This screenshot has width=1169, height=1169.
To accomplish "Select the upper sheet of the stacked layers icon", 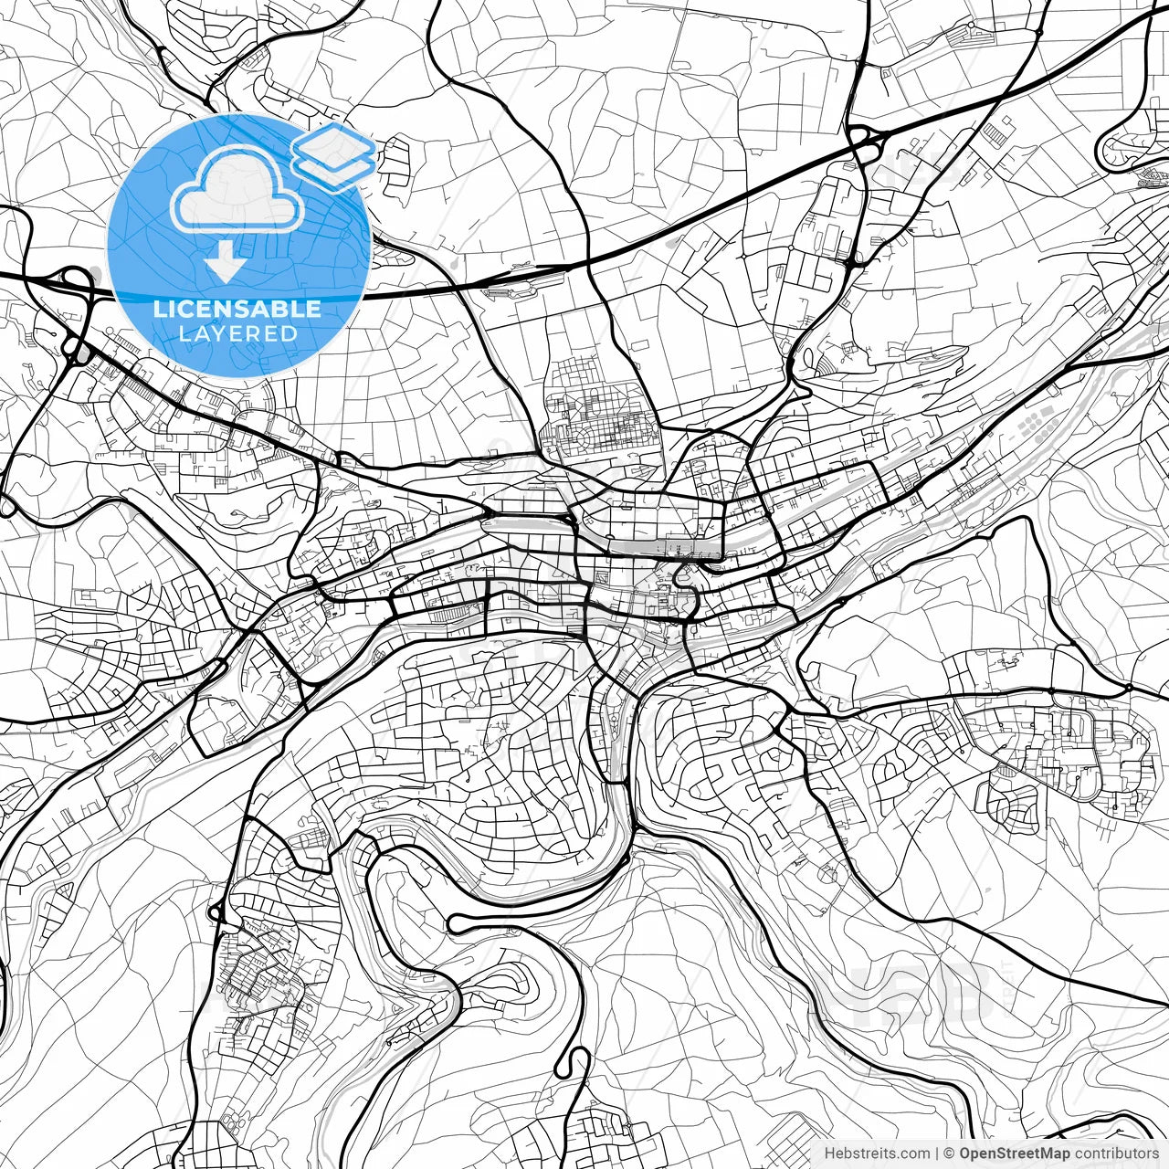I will [x=334, y=145].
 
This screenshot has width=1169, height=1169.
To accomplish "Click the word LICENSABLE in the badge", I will [x=237, y=309].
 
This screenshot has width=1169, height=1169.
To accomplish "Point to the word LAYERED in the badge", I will [x=237, y=333].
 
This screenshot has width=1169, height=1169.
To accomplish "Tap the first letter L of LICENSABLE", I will [x=159, y=309].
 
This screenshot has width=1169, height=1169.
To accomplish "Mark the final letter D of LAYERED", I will [x=290, y=333].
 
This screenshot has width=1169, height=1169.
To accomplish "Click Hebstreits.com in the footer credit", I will [x=876, y=1153].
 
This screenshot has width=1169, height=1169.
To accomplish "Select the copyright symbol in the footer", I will [x=950, y=1153].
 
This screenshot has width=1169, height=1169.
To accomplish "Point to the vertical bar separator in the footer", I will [x=937, y=1153].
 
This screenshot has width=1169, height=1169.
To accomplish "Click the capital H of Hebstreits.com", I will [x=828, y=1153].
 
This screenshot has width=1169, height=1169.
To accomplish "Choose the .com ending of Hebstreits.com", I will [x=914, y=1153].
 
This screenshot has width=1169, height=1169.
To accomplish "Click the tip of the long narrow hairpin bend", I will [x=452, y=923].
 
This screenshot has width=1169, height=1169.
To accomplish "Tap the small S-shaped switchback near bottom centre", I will [x=575, y=1064].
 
